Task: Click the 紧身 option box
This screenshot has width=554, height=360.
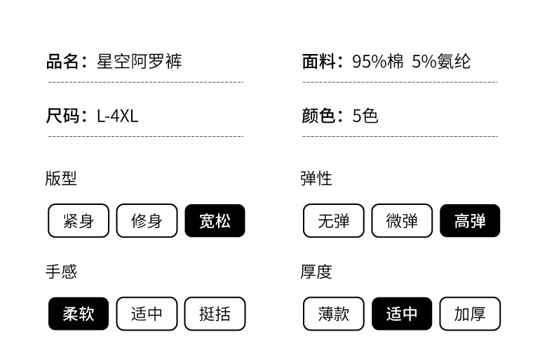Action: (79, 220)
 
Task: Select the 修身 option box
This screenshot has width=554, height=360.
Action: (147, 220)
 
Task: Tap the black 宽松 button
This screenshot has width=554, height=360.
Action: (215, 220)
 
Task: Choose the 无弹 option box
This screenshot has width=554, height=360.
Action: (334, 220)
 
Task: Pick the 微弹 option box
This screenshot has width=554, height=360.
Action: (402, 220)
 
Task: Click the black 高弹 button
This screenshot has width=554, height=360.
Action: (470, 220)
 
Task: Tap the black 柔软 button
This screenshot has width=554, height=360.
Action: (79, 314)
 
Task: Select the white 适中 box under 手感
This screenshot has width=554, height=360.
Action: (147, 314)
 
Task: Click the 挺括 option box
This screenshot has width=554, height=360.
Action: (215, 314)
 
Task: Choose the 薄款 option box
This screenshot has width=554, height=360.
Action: (334, 314)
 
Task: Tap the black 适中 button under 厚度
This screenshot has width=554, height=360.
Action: (402, 314)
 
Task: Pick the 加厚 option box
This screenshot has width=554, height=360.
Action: (470, 314)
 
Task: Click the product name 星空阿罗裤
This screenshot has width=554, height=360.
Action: (140, 62)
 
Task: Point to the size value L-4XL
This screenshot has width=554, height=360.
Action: (118, 116)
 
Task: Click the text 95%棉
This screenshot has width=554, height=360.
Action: (378, 62)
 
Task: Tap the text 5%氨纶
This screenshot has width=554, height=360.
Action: (441, 62)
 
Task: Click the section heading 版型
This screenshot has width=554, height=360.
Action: (61, 178)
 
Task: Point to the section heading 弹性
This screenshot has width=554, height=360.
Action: (316, 178)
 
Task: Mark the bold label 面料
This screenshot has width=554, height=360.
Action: (318, 62)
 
